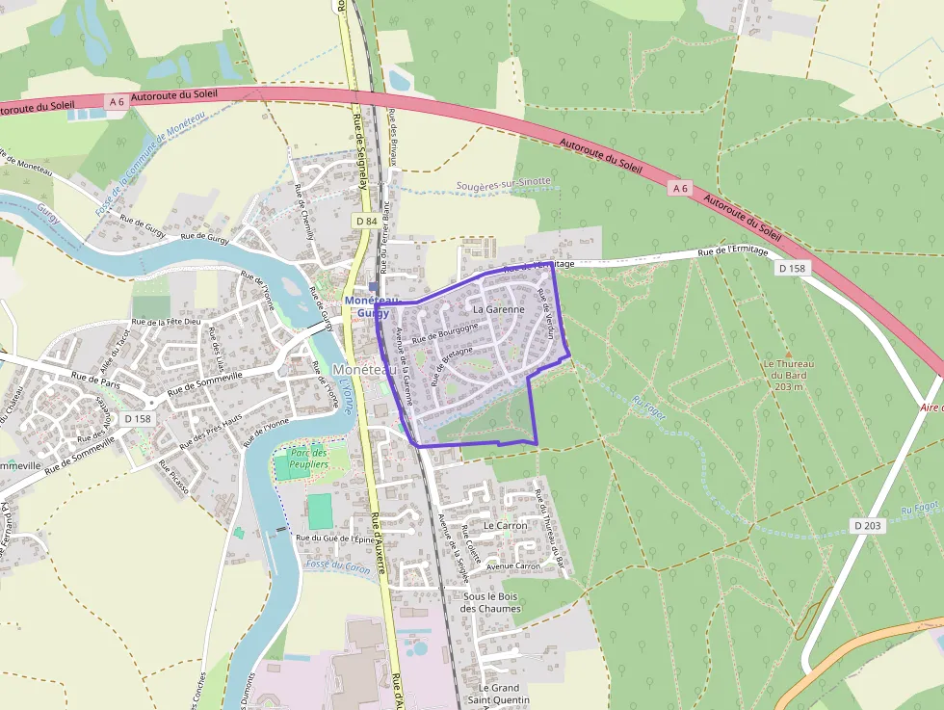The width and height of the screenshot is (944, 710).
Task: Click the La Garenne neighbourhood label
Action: click(x=499, y=310)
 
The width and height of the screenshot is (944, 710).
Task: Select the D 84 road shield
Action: click(x=365, y=222)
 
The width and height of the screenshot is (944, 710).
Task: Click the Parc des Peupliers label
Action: click(x=308, y=459)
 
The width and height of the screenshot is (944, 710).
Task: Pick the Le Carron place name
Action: click(x=506, y=526)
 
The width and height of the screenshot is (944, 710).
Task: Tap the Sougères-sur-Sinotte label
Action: click(x=504, y=181)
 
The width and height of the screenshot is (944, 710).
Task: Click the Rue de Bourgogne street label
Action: click(x=445, y=333)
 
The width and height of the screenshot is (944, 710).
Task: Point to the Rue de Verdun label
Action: click(x=545, y=313)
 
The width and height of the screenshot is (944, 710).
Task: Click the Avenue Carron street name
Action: click(x=513, y=566)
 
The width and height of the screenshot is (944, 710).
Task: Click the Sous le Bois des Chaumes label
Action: click(x=490, y=602)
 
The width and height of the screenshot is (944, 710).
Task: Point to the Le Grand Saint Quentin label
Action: click(x=499, y=694)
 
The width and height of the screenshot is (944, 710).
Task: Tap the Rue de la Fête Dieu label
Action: click(x=166, y=322)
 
